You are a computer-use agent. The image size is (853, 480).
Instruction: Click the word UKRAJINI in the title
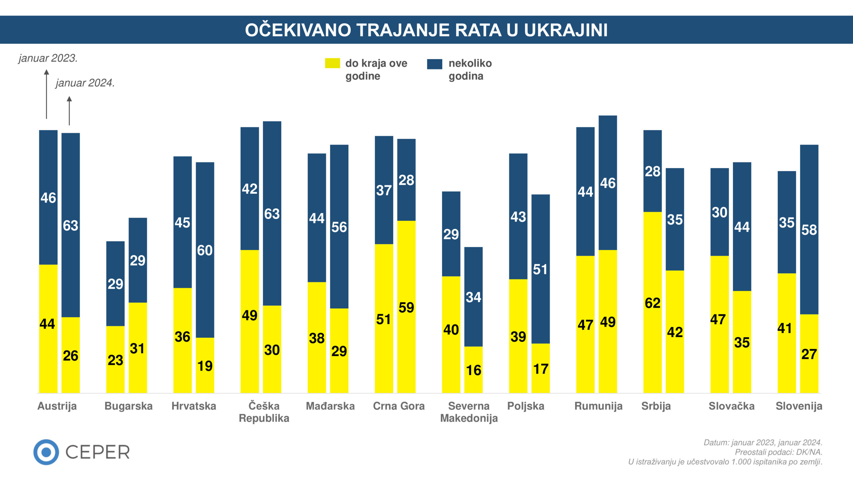[565, 30]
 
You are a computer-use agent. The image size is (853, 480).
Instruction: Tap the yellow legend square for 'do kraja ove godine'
[332, 63]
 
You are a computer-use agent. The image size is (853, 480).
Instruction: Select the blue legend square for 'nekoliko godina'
[434, 64]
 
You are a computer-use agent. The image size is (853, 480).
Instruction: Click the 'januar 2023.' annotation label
[48, 58]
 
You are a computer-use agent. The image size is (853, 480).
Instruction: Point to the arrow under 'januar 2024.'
[69, 111]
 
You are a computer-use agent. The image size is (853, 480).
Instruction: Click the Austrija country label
[57, 406]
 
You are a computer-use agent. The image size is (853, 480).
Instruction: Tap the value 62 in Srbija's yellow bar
[652, 303]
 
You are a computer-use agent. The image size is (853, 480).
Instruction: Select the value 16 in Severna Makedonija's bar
[473, 370]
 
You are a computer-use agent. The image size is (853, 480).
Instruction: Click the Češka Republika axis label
[264, 412]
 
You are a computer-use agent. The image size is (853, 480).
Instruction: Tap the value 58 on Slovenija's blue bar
[809, 230]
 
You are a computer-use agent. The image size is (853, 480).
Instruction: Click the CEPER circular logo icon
[46, 452]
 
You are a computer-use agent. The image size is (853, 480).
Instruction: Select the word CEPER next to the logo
[97, 452]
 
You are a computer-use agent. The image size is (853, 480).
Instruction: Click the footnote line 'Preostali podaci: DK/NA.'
[778, 452]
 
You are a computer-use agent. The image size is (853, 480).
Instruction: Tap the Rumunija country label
[598, 406]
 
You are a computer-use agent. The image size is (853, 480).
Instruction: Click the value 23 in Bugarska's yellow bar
[115, 360]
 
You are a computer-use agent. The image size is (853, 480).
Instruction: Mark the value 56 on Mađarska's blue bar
[339, 227]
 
